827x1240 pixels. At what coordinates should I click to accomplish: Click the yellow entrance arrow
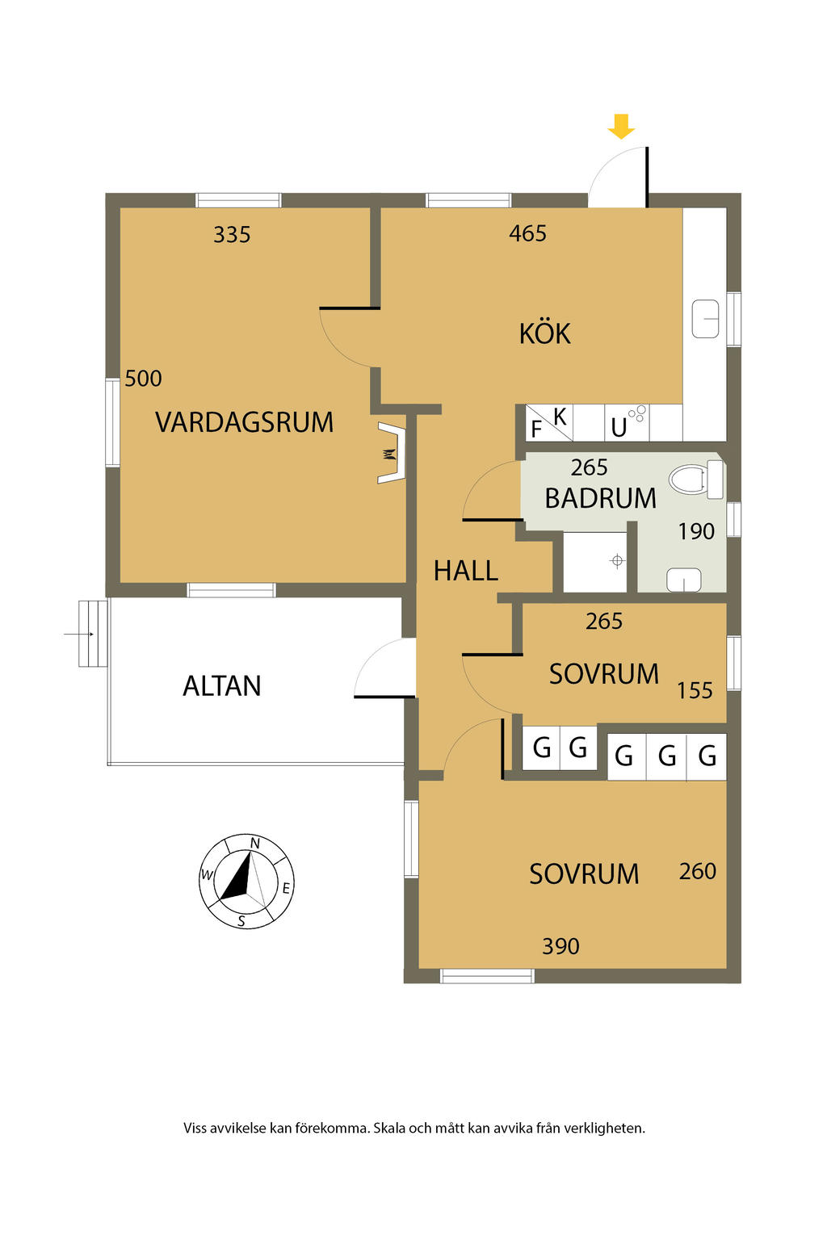pos(621,126)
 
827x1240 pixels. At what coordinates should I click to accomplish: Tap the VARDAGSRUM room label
pos(244,422)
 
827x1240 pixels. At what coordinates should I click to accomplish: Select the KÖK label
pos(544,333)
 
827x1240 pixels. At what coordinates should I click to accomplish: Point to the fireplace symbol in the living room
pos(392,453)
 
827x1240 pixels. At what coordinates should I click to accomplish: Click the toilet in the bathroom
pos(695,479)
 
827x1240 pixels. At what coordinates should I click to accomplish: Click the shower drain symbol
pos(617,561)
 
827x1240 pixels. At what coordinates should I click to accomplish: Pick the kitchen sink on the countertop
pos(705,319)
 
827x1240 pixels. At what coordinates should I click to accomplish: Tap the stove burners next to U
pos(637,414)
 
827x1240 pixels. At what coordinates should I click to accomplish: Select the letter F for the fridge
pos(536,429)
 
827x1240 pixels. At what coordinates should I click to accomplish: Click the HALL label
pos(466,571)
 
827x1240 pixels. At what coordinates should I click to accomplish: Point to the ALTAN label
pos(221,686)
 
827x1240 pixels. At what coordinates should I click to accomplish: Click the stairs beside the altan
pos(93,633)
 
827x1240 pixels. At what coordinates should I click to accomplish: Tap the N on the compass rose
pos(254,843)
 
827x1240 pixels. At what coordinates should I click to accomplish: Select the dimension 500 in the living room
pos(143,379)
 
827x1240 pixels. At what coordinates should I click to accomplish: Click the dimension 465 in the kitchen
pos(527,233)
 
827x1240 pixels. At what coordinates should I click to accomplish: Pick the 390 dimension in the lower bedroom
pos(560,946)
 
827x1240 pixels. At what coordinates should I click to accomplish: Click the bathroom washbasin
pos(683,580)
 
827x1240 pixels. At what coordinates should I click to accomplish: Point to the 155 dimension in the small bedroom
pos(695,690)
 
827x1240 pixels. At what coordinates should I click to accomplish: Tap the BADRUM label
pos(600,498)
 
